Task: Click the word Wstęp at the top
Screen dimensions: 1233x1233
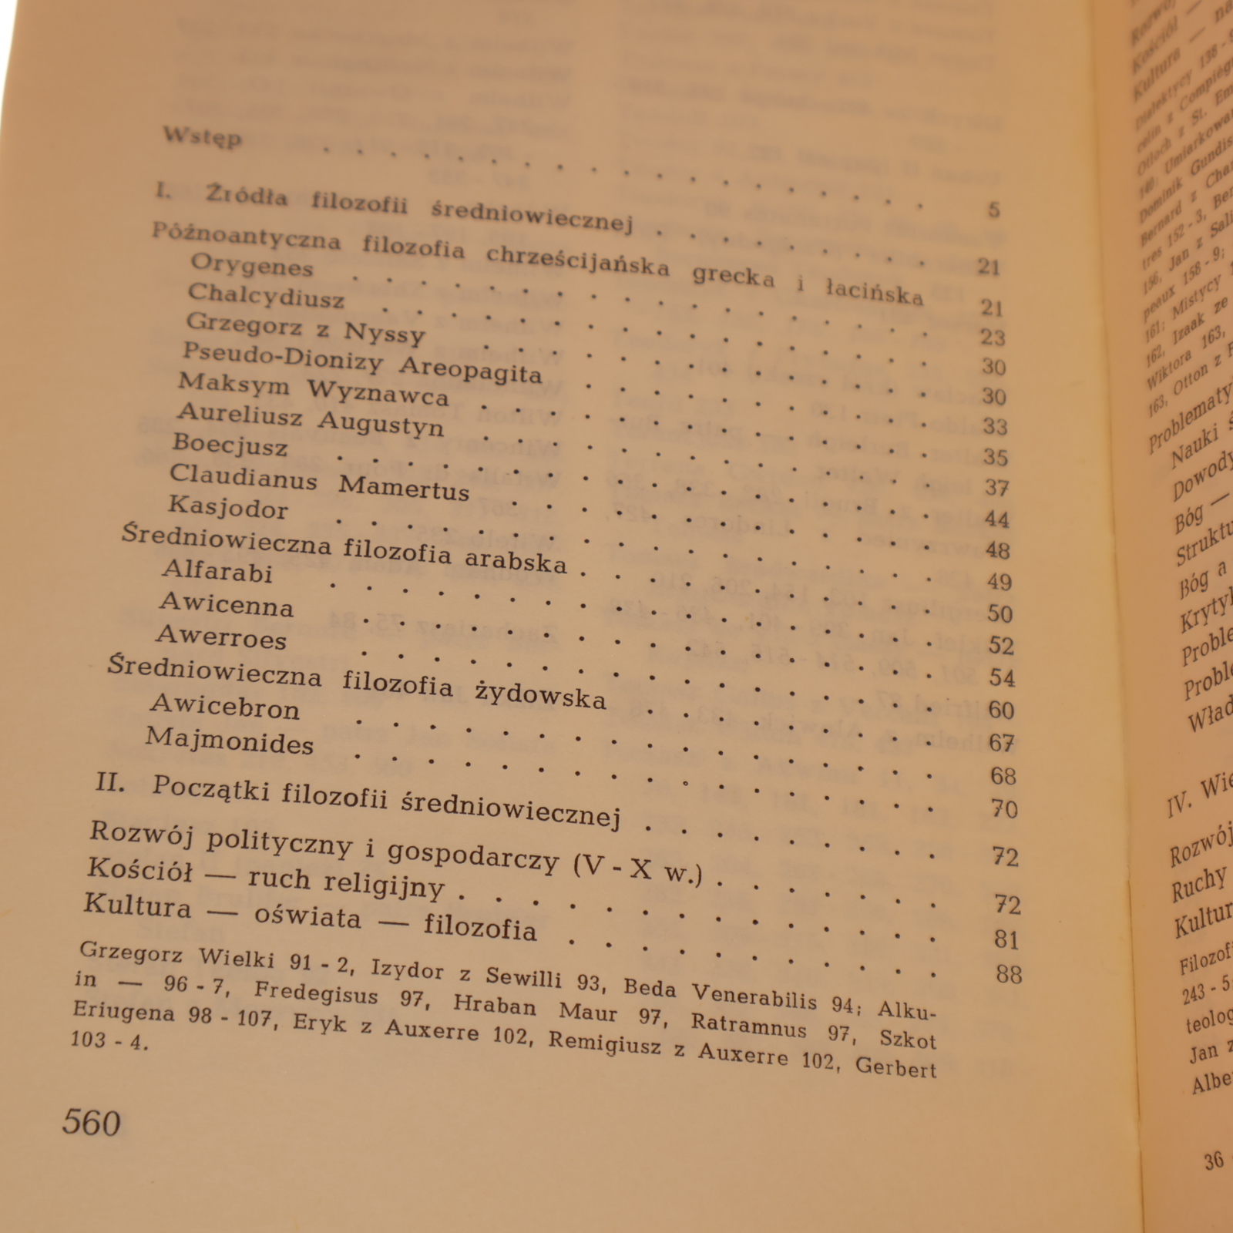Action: [x=203, y=137]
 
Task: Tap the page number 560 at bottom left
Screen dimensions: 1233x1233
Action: [x=92, y=1122]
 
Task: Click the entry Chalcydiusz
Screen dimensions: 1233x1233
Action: [x=266, y=296]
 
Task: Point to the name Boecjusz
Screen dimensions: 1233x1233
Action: [x=230, y=445]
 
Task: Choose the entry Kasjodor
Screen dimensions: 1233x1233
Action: [x=228, y=507]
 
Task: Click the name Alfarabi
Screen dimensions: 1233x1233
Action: [x=217, y=571]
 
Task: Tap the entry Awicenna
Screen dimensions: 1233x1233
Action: [x=227, y=604]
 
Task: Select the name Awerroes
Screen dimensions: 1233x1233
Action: [x=221, y=637]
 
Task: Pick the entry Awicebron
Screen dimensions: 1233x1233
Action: [x=225, y=707]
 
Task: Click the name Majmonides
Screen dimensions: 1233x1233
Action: [x=230, y=741]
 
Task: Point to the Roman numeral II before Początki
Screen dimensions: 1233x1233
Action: [x=110, y=782]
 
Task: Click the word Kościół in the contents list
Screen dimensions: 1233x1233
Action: [x=139, y=870]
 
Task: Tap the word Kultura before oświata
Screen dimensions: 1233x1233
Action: [x=137, y=905]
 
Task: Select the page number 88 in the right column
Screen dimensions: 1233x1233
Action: [x=1008, y=974]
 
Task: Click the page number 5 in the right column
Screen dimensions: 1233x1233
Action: [x=993, y=210]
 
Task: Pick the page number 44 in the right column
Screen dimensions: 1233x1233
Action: [x=996, y=519]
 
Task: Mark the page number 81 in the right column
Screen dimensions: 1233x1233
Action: [x=1006, y=939]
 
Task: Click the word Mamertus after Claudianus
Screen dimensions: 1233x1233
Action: [x=404, y=488]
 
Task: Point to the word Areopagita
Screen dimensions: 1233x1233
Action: [x=470, y=371]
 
